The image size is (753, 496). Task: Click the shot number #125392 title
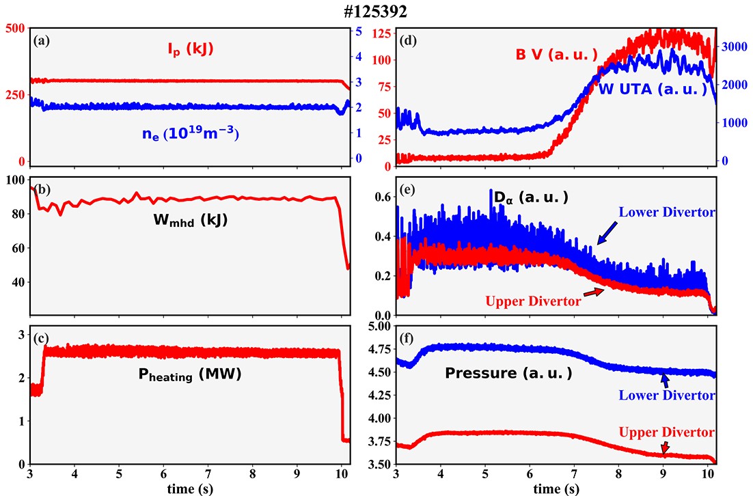point(375,13)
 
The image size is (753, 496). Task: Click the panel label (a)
point(41,40)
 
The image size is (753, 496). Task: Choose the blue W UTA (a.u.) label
point(653,89)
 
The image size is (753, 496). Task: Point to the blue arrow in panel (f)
point(663,380)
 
